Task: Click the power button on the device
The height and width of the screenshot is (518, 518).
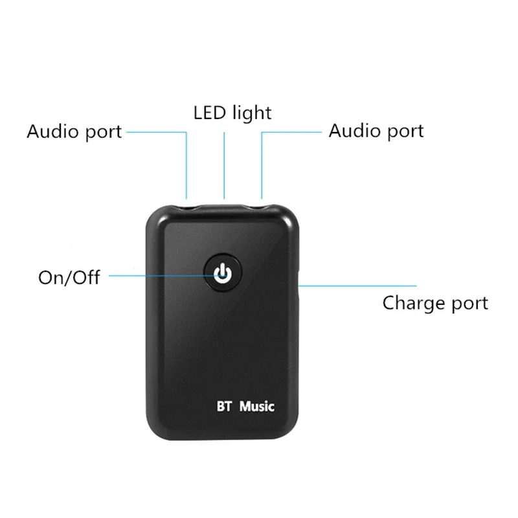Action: click(222, 275)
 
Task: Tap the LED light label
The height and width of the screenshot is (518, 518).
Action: click(232, 113)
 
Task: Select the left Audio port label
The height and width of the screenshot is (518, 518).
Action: click(74, 132)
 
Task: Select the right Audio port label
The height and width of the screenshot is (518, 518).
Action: click(376, 131)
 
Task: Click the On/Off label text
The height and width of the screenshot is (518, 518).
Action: click(69, 278)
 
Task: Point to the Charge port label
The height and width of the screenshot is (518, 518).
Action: click(435, 303)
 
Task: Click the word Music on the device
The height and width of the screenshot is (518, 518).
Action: click(257, 407)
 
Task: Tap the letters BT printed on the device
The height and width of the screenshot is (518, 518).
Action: click(223, 407)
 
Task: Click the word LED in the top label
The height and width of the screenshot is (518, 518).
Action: click(209, 113)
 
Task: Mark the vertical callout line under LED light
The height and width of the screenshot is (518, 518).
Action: click(225, 165)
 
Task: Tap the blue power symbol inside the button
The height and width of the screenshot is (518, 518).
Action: click(222, 275)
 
